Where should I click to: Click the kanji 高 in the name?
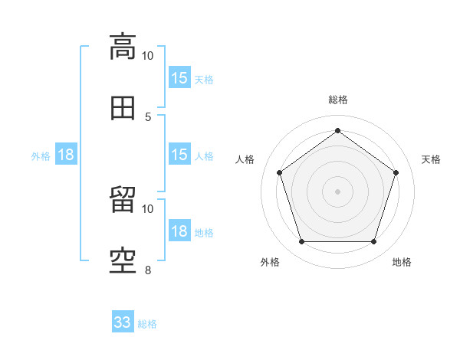click(123, 47)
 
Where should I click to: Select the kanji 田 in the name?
click(123, 108)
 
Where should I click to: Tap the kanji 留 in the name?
click(123, 199)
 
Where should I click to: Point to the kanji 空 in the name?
click(123, 261)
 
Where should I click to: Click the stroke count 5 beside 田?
click(148, 117)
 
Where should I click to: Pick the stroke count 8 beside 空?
click(148, 270)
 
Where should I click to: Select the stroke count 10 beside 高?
click(147, 56)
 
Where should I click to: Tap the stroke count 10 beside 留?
click(147, 209)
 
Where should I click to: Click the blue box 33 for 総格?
click(123, 321)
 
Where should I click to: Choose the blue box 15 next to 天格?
click(179, 77)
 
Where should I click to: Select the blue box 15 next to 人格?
click(179, 154)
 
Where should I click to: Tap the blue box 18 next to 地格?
click(179, 230)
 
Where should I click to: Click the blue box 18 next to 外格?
click(66, 154)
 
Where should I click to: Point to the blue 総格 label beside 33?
click(147, 324)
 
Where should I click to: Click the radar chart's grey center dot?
click(337, 191)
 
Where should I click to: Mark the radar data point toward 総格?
click(337, 130)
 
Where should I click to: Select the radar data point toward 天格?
click(396, 172)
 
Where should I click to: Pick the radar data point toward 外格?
click(302, 241)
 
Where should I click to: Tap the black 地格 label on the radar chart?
click(402, 262)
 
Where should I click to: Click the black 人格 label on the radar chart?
click(245, 159)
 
